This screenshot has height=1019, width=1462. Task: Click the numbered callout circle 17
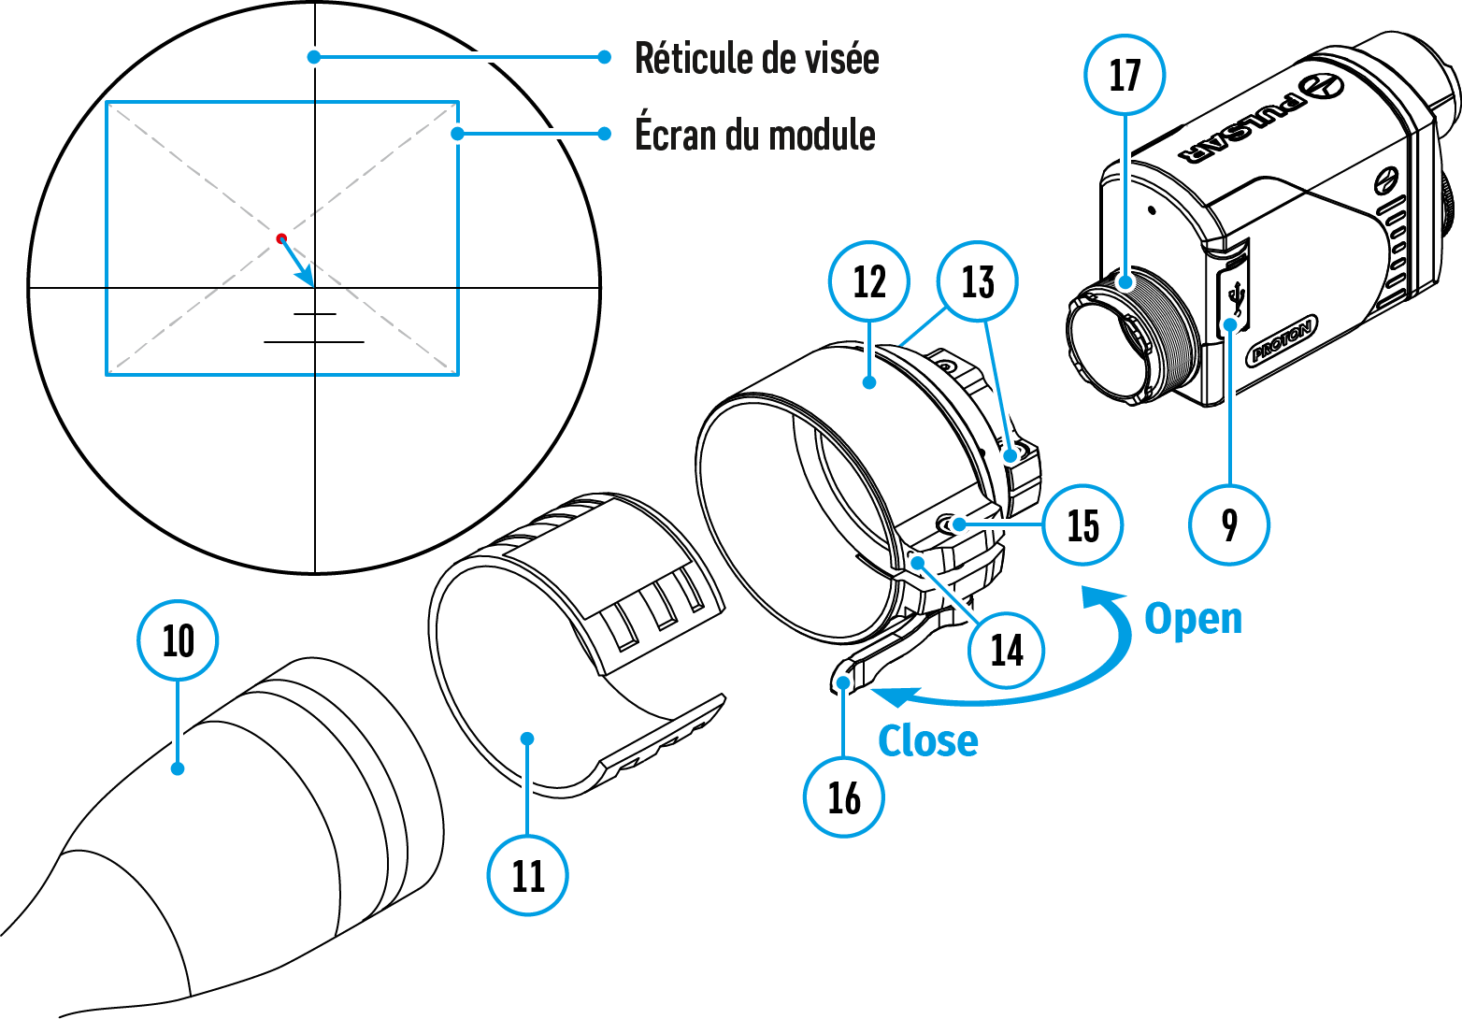[1125, 75]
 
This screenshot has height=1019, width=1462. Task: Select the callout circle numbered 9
[1229, 524]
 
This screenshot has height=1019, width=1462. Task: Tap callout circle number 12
[869, 281]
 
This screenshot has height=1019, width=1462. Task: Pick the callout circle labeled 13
[978, 281]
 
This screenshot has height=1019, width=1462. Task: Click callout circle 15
[1082, 524]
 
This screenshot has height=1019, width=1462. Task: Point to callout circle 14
[1007, 650]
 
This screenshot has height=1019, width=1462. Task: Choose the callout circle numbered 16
[843, 797]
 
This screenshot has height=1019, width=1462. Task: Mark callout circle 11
[528, 875]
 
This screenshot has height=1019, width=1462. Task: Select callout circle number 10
[178, 641]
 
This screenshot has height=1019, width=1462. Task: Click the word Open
[1194, 619]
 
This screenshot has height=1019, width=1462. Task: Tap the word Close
[928, 740]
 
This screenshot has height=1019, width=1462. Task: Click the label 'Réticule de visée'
[756, 58]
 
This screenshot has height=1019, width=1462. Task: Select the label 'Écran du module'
[755, 135]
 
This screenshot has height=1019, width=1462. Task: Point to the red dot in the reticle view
[281, 238]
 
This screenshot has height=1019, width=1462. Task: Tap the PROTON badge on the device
[1283, 339]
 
